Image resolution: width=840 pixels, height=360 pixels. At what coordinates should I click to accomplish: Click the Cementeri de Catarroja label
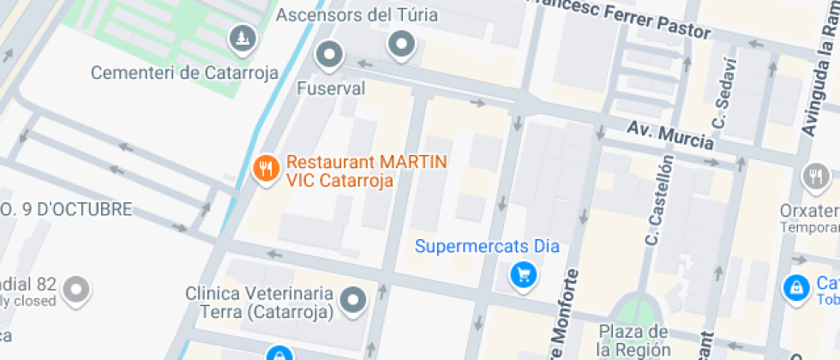pos(184,73)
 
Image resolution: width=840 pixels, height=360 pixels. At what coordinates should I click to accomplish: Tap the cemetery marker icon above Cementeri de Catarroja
pos(243,37)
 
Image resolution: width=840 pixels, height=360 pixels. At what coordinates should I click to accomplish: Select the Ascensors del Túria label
pos(357,15)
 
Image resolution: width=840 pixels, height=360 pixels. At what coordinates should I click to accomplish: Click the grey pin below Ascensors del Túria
pos(400,44)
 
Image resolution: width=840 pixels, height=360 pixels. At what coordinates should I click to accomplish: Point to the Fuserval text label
pos(331,88)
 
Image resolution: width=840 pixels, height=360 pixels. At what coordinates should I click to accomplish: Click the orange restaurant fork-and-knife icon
pos(267,169)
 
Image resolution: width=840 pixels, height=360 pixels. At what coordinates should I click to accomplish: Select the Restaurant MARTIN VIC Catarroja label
pos(367,171)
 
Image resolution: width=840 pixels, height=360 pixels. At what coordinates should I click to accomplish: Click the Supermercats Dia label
pos(487,247)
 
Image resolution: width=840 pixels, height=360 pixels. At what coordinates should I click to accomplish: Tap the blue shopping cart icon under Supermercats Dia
pos(523,275)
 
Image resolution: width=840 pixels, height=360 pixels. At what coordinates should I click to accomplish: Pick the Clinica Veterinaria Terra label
pos(259,303)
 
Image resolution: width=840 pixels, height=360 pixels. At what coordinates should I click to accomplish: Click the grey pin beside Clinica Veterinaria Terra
pos(353,301)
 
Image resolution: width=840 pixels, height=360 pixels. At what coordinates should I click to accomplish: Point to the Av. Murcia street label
pos(670,135)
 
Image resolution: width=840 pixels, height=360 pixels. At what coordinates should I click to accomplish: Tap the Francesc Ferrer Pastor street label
pos(621,18)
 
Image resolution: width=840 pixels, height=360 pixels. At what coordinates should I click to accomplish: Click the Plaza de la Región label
pos(633,340)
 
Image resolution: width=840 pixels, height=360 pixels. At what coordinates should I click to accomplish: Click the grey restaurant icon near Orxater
pos(814,177)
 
